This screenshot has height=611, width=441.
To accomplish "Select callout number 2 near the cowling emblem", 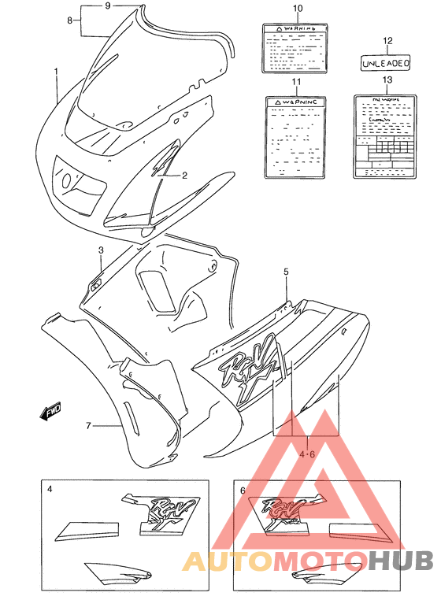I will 183,176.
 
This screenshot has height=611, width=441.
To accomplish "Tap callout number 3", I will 101,250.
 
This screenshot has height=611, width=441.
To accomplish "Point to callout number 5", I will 287,272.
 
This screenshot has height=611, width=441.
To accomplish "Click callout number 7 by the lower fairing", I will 89,426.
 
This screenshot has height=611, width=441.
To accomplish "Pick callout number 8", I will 70,20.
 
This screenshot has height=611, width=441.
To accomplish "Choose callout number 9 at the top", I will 107,6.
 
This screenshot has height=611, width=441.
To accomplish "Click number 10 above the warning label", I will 298,9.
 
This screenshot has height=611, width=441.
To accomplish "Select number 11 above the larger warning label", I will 297,82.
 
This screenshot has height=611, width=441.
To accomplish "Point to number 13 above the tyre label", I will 387,80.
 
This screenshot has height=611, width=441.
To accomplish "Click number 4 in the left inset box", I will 50,490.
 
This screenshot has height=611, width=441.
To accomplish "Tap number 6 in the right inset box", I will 243,491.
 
